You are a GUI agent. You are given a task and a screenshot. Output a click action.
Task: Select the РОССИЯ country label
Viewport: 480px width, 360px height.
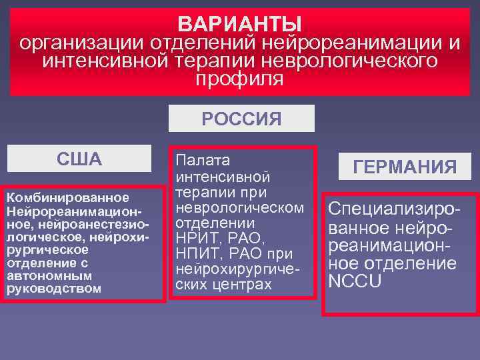[x=241, y=119]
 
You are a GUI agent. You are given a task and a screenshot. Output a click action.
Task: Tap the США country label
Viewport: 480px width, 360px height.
[x=79, y=159]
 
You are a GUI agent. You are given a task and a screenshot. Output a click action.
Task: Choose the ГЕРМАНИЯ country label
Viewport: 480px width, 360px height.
[x=405, y=167]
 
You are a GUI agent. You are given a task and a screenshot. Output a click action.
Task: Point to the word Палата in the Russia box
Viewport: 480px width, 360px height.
[x=203, y=161]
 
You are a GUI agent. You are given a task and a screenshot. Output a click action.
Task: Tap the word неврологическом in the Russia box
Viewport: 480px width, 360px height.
[x=240, y=207]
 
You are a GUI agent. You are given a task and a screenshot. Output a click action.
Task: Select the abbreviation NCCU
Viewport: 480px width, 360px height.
[x=355, y=281]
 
